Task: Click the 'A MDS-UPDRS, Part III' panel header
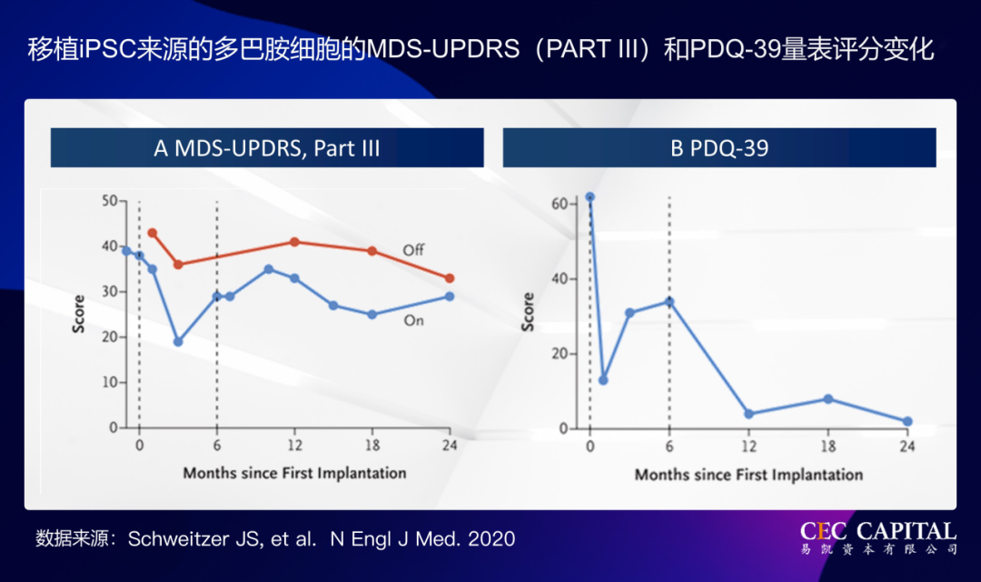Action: click(x=266, y=148)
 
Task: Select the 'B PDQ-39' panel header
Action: click(x=719, y=148)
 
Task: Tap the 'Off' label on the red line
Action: click(x=413, y=249)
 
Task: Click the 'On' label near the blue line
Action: click(x=413, y=320)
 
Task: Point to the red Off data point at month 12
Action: click(x=294, y=242)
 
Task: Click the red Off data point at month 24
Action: click(x=450, y=278)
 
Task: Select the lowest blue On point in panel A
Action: click(x=178, y=342)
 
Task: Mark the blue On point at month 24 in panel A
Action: click(x=450, y=296)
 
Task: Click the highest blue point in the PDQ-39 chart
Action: click(x=590, y=196)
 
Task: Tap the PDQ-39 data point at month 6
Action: click(x=669, y=301)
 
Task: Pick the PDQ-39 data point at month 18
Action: click(x=827, y=399)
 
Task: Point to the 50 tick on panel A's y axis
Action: click(x=108, y=200)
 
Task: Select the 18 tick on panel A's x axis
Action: click(x=372, y=446)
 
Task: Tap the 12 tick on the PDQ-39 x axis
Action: click(x=748, y=447)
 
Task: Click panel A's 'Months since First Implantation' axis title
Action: click(x=294, y=473)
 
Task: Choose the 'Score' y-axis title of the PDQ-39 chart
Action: click(x=528, y=312)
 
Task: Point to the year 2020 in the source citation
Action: click(x=493, y=539)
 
